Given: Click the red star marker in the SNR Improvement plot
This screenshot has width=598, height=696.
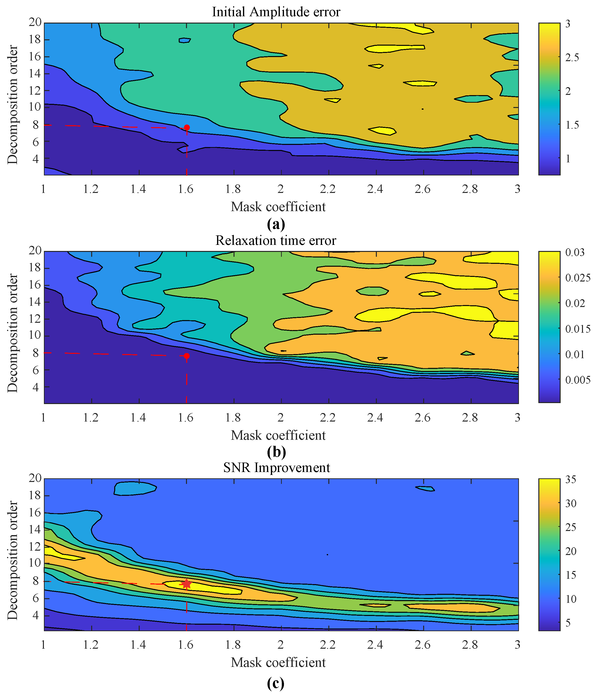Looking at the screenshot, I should pyautogui.click(x=186, y=584).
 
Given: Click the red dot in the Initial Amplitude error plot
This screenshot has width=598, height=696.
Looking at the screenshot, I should pyautogui.click(x=187, y=128).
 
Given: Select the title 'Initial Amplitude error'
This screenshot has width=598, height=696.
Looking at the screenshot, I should pyautogui.click(x=276, y=12).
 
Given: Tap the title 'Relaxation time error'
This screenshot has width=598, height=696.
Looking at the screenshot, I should pyautogui.click(x=276, y=240).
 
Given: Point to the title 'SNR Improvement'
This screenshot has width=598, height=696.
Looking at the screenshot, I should pyautogui.click(x=276, y=468).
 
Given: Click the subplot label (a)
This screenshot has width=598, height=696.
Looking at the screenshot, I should pyautogui.click(x=276, y=224).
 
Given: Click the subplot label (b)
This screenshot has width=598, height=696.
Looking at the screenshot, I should pyautogui.click(x=276, y=452).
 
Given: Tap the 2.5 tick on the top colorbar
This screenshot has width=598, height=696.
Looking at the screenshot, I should pyautogui.click(x=572, y=58).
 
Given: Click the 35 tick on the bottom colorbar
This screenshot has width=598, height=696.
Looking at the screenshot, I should pyautogui.click(x=571, y=480).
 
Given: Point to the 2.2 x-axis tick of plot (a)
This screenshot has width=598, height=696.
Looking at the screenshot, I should pyautogui.click(x=328, y=189).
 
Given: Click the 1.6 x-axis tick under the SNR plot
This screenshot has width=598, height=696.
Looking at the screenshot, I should pyautogui.click(x=186, y=645).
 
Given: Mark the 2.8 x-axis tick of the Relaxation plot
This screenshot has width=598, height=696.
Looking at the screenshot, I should pyautogui.click(x=470, y=418).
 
